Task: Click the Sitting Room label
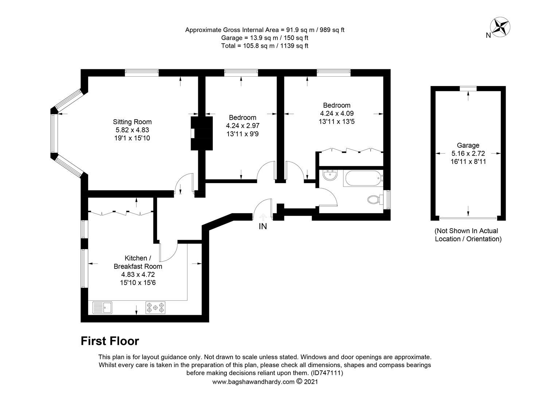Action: point(132,122)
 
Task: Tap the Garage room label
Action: point(468,145)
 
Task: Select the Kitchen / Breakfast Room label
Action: point(138,262)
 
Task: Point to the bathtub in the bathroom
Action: point(363,178)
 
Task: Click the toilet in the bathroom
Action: point(375,199)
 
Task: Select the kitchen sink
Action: point(102,308)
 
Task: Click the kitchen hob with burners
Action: point(155,308)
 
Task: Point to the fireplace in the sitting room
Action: point(202,134)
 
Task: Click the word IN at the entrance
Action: point(263,226)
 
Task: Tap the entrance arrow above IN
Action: point(263,217)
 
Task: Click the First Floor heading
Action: point(110,341)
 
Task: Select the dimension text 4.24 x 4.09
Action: point(337,113)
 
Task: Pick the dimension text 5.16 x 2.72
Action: point(468,153)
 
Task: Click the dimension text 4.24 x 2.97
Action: point(243,125)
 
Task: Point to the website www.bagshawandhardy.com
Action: point(253,382)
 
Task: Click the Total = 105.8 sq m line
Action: point(265,46)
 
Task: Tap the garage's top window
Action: point(468,89)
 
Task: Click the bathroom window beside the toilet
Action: point(387,199)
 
